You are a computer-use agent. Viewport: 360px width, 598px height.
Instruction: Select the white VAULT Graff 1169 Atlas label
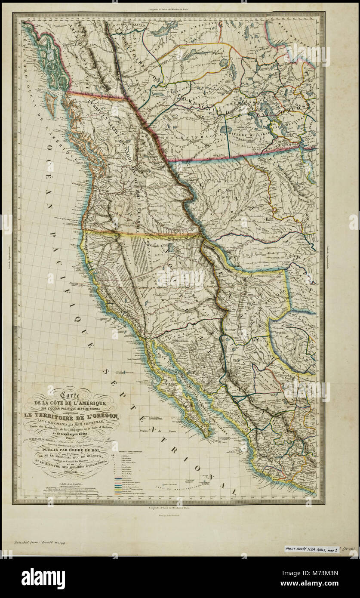coord(312,549)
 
